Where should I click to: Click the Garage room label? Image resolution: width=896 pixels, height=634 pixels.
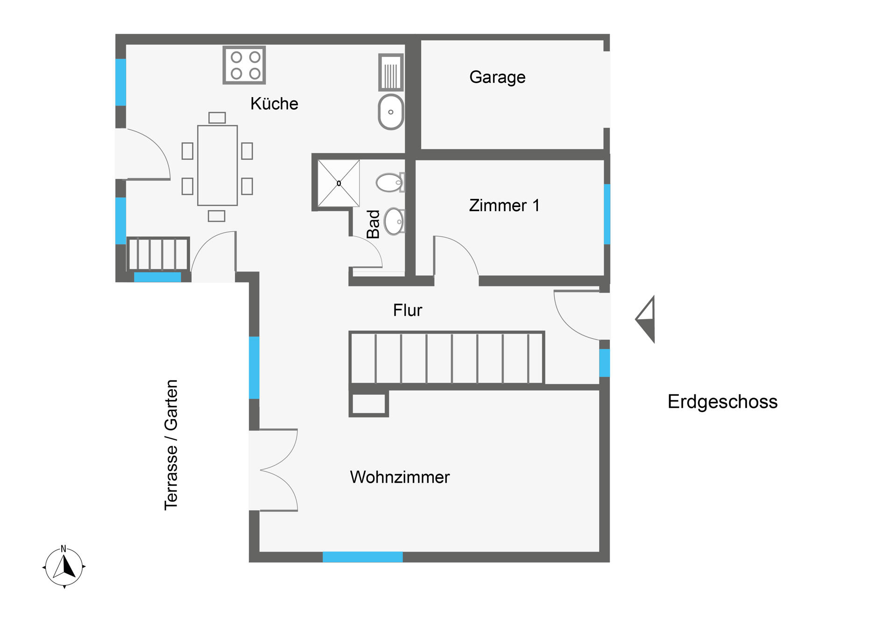click(x=497, y=77)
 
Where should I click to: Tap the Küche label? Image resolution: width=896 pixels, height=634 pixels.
click(x=274, y=103)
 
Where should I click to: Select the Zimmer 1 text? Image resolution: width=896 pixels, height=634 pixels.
click(x=504, y=206)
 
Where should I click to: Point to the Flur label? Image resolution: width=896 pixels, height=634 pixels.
click(x=408, y=310)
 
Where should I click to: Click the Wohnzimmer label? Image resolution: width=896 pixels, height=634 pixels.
click(x=400, y=477)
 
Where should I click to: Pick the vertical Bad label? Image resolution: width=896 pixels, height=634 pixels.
click(x=374, y=224)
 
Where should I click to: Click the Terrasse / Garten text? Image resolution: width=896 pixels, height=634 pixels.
click(x=171, y=445)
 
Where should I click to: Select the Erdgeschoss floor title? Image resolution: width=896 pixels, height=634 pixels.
click(x=722, y=402)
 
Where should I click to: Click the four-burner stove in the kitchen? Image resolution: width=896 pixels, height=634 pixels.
click(x=244, y=65)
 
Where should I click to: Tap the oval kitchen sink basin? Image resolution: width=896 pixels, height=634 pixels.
click(x=391, y=112)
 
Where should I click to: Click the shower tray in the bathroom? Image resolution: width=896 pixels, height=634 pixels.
click(x=339, y=183)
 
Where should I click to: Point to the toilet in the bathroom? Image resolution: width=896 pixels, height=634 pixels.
click(x=390, y=182)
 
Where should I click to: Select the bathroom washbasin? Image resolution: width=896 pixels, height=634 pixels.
click(x=395, y=221)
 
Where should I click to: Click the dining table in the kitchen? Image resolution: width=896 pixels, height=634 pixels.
click(x=218, y=165)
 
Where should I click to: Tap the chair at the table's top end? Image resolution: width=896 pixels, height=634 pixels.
click(x=217, y=117)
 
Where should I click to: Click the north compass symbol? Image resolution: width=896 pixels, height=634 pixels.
click(x=64, y=567)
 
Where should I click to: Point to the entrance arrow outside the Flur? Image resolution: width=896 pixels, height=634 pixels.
click(x=646, y=320)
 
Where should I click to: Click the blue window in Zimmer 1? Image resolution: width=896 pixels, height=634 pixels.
click(x=607, y=214)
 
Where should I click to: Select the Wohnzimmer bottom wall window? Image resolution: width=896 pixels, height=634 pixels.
click(x=363, y=557)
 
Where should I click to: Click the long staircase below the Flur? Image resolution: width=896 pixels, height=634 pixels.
click(x=447, y=358)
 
